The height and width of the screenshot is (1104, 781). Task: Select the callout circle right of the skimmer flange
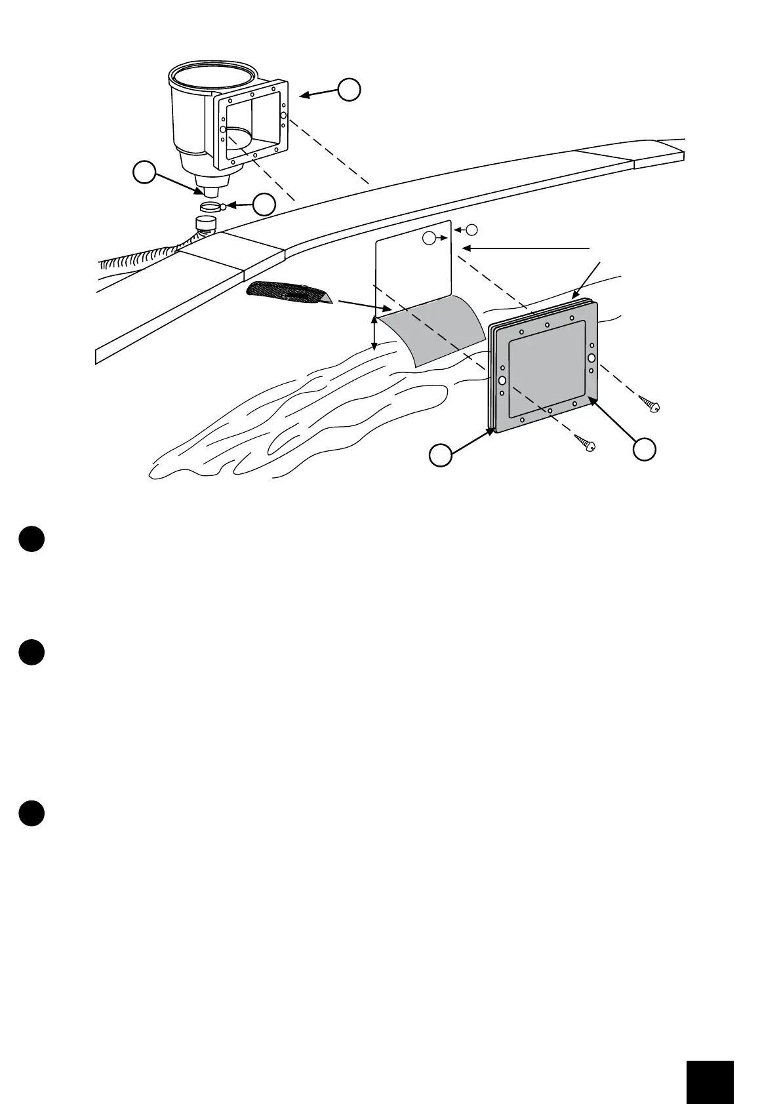(x=349, y=89)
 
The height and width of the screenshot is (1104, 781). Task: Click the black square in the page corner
(x=710, y=1059)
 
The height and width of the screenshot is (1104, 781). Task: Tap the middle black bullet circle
(x=31, y=652)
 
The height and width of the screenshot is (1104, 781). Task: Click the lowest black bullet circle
(x=31, y=813)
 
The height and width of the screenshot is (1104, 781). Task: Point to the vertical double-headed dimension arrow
(x=374, y=334)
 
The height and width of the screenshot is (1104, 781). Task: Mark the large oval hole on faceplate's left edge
(x=502, y=380)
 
